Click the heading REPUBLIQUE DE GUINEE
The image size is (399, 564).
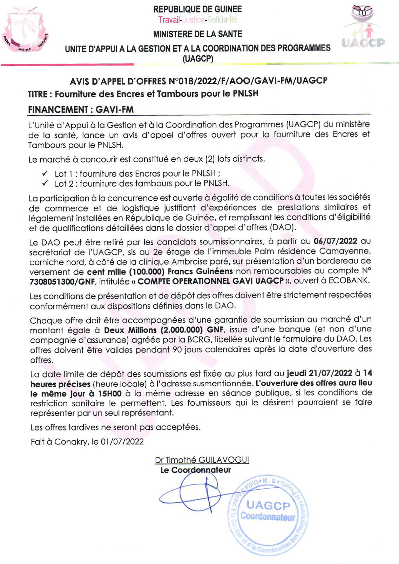(x=197, y=9)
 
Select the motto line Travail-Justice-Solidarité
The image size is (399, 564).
(x=197, y=20)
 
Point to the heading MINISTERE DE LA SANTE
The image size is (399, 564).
(x=197, y=34)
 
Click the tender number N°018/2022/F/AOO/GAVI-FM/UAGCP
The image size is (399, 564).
(x=248, y=81)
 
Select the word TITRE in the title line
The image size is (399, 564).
(x=38, y=94)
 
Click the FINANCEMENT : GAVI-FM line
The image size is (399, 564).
(x=81, y=109)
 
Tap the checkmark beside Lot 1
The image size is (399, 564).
(x=45, y=173)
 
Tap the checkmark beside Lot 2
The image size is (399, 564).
(x=45, y=183)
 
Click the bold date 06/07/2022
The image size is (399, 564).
(x=335, y=241)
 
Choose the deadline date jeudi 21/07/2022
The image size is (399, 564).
(x=319, y=373)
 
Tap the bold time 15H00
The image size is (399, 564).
(x=110, y=393)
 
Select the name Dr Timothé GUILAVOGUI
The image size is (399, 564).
(x=202, y=460)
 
